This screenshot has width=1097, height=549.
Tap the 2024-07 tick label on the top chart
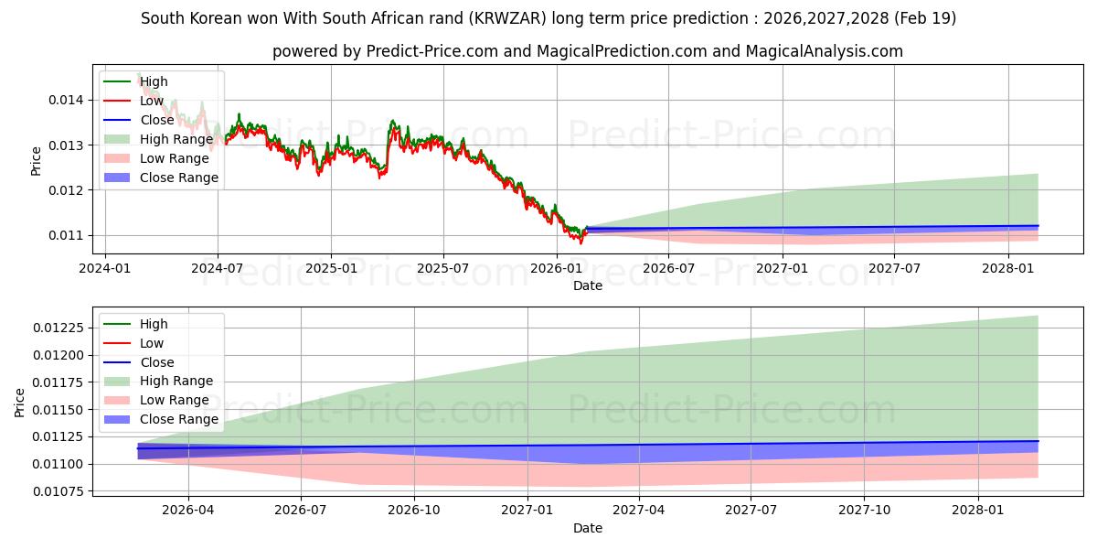217,268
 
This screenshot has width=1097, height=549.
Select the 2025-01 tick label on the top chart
330,268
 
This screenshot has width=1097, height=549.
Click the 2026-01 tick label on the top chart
557,268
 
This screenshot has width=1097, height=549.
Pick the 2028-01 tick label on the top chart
1008,268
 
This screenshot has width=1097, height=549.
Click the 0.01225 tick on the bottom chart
66,328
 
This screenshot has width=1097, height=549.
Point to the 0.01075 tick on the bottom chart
66,492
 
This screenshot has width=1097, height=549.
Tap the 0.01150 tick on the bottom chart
66,410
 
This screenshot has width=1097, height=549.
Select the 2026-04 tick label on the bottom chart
188,511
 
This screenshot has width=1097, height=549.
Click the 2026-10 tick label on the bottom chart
414,511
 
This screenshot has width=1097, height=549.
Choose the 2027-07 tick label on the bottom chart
751,511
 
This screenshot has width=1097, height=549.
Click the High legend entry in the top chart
154,81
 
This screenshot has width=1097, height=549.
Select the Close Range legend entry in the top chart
178,178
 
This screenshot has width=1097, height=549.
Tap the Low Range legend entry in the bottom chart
174,400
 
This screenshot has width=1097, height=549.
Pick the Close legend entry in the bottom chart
156,362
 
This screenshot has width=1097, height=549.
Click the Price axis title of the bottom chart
20,402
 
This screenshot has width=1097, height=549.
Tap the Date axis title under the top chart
587,285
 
